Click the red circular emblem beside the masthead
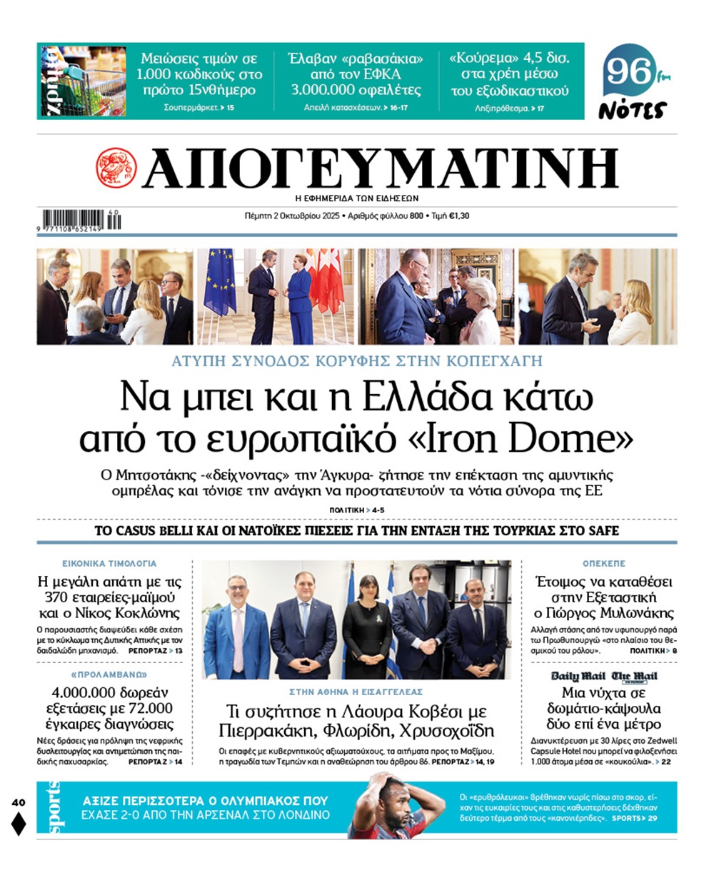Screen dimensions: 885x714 pyautogui.click(x=116, y=168)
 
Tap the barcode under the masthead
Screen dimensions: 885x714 pyautogui.click(x=73, y=220)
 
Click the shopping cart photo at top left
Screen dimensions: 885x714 pyautogui.click(x=82, y=81)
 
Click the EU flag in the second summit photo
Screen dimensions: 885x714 pyautogui.click(x=220, y=282)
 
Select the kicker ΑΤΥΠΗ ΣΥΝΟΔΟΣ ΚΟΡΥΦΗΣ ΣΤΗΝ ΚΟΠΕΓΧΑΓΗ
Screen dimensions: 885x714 pyautogui.click(x=357, y=361)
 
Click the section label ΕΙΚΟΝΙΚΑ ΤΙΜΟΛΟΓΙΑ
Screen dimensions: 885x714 pyautogui.click(x=109, y=563)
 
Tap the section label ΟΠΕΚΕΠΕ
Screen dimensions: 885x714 pyautogui.click(x=603, y=563)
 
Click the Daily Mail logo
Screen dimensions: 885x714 pyautogui.click(x=578, y=676)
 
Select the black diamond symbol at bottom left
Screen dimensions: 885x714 pyautogui.click(x=19, y=824)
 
